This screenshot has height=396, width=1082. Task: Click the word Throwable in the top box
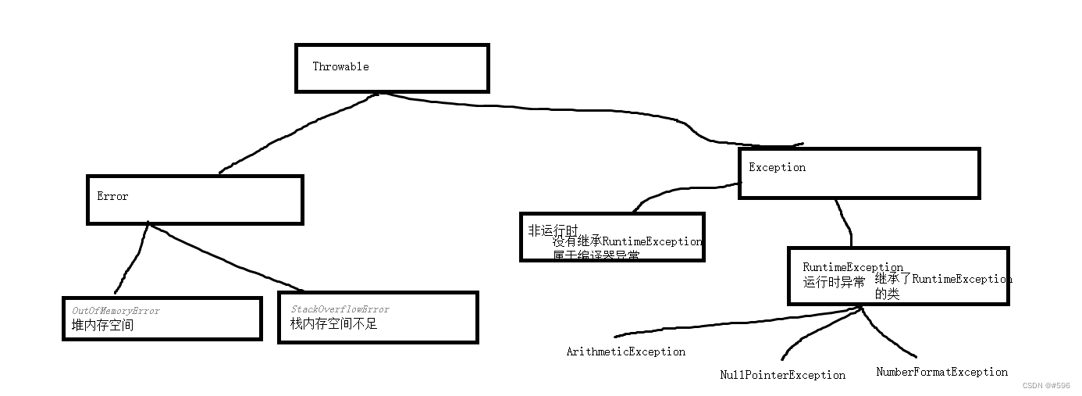coord(340,66)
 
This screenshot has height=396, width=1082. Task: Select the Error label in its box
coord(112,196)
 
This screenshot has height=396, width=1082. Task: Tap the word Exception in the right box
coord(777,167)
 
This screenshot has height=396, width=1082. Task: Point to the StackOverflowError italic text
coord(340,309)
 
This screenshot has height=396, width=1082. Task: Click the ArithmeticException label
coord(625,351)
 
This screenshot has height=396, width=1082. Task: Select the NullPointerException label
coord(782,375)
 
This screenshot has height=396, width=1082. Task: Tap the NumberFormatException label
coord(941,372)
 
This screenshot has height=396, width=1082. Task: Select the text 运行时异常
coord(834,283)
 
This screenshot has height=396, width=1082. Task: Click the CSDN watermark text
coord(1045,385)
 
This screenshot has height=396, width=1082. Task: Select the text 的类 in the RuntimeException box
coord(887,294)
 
